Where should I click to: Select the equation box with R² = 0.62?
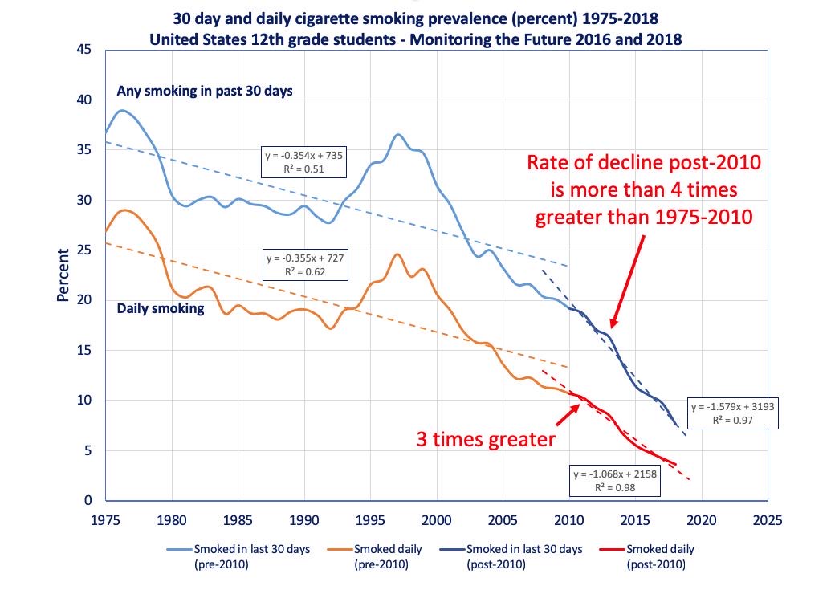(305, 265)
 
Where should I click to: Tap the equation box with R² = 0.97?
(732, 413)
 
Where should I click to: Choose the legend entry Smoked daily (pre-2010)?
(384, 556)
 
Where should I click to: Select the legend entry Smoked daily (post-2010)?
(660, 556)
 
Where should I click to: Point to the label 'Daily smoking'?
(161, 307)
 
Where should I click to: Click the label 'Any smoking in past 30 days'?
(205, 91)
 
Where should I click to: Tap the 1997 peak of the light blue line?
(398, 134)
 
